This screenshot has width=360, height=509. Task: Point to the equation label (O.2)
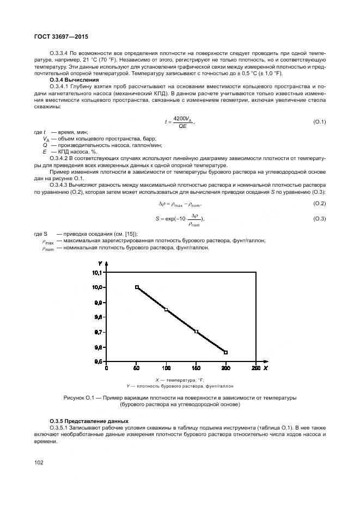pyautogui.click(x=319, y=203)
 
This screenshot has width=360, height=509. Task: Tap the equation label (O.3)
pyautogui.click(x=319, y=218)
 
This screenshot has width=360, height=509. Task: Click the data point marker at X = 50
pyautogui.click(x=137, y=287)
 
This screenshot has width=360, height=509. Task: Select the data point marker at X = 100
pyautogui.click(x=166, y=310)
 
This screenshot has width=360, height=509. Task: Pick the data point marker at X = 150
pyautogui.click(x=196, y=332)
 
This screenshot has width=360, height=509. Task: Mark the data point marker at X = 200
pyautogui.click(x=226, y=352)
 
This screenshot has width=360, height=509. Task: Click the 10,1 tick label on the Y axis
pyautogui.click(x=97, y=272)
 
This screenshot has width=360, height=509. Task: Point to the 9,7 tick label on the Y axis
pyautogui.click(x=98, y=332)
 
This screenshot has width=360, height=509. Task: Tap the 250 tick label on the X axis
pyautogui.click(x=255, y=369)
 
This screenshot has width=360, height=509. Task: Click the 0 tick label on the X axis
pyautogui.click(x=107, y=369)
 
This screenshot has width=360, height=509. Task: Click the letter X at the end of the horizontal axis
pyautogui.click(x=265, y=369)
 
